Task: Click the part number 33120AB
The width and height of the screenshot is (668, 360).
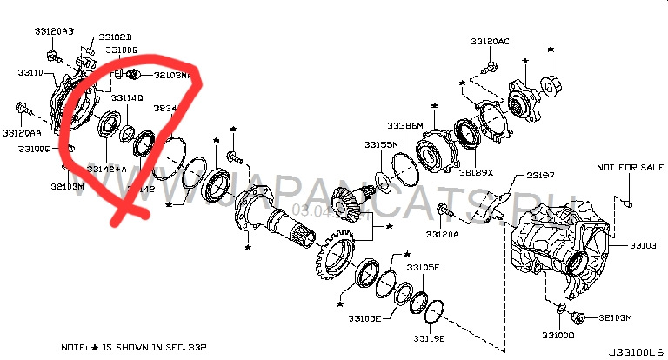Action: (54, 31)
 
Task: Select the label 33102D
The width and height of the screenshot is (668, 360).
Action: (115, 37)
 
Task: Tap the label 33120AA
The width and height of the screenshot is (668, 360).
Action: (22, 133)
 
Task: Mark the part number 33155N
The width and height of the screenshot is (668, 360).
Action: (381, 143)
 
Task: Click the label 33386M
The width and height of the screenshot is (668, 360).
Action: (404, 125)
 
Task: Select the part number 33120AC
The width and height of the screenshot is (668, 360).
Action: (491, 42)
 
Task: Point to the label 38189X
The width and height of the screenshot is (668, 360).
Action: (476, 172)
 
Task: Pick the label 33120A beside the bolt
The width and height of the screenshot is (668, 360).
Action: (443, 235)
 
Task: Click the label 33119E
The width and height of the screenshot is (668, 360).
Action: (429, 337)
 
